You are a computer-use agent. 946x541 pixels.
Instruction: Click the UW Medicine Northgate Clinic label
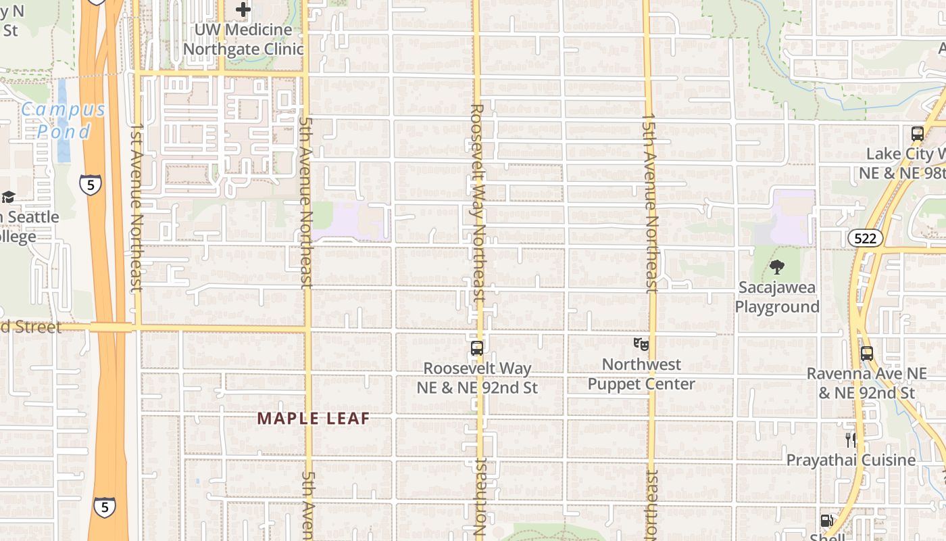point(243,40)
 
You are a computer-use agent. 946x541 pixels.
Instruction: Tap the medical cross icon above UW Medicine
point(243,9)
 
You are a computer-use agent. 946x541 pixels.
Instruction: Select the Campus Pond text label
point(64,120)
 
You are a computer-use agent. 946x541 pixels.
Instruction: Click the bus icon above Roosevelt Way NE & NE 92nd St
point(476,349)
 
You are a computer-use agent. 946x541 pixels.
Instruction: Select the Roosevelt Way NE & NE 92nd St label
point(477,378)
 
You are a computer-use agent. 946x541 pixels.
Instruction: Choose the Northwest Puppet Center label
point(641,374)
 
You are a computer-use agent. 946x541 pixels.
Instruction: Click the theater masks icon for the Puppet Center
point(641,344)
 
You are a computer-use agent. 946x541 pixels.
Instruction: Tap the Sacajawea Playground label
point(777,298)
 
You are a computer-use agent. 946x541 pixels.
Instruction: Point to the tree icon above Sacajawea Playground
point(777,267)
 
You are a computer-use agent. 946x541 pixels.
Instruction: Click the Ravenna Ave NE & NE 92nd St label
point(867,383)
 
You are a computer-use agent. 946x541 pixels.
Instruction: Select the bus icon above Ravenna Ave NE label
point(867,353)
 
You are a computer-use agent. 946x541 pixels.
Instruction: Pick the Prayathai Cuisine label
point(851,460)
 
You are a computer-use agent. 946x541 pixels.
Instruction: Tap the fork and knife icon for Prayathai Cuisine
point(851,440)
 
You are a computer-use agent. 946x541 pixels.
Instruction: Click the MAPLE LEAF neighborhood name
point(314,419)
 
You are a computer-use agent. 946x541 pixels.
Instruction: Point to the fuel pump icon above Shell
point(826,521)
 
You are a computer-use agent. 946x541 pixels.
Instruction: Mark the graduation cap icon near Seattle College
point(8,197)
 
